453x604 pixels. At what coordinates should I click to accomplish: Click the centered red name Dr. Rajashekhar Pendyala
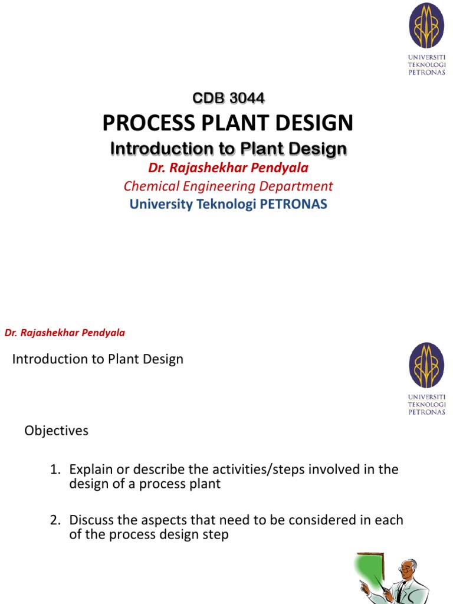(228, 168)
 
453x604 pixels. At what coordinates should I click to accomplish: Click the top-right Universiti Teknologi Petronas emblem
(426, 27)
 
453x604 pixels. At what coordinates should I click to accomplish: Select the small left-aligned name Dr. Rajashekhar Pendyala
(65, 333)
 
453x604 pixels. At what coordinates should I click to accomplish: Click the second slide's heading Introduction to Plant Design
(98, 359)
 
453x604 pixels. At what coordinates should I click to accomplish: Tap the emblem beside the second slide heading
(426, 366)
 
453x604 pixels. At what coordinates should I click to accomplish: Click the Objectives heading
(56, 431)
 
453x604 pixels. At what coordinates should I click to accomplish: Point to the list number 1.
(55, 470)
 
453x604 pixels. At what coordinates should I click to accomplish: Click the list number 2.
(55, 520)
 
